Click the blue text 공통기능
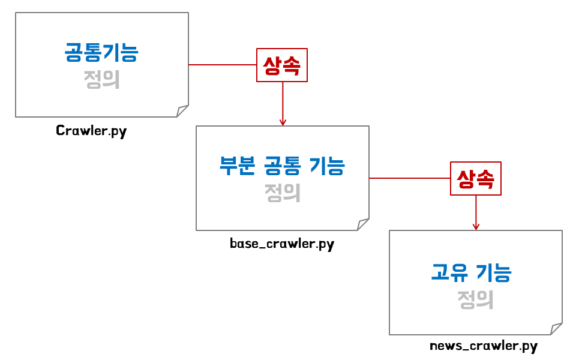pos(101,52)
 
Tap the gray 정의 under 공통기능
pos(101,80)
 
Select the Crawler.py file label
pos(91,131)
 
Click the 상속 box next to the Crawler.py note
pos(282,65)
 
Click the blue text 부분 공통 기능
pos(282,165)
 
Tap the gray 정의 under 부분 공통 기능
pos(282,193)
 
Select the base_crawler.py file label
pos(282,244)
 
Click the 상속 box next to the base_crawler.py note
pos(476,178)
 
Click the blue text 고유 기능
pos(472,273)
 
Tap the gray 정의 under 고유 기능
pos(476,299)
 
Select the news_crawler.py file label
pos(484,346)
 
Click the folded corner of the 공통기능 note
pos(182,111)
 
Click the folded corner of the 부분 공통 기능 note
pos(363,224)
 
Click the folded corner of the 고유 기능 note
pos(556,329)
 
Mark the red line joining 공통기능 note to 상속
pos(222,64)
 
